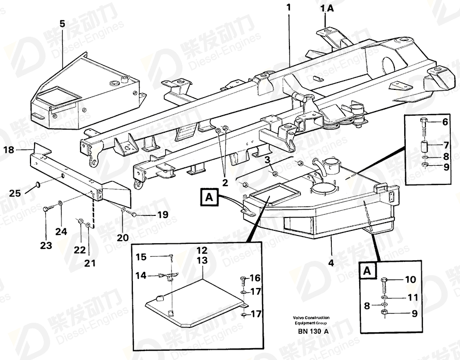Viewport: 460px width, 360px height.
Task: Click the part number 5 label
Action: tap(63, 24)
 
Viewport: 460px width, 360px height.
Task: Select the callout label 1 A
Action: tap(327, 8)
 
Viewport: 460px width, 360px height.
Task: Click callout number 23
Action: tap(47, 246)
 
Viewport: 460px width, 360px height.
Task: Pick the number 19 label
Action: tap(148, 214)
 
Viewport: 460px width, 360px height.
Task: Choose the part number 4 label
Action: tap(331, 262)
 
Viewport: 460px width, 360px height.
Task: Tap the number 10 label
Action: tap(410, 280)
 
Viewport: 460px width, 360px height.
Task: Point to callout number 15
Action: tap(141, 257)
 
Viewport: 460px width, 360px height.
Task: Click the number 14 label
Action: tap(141, 276)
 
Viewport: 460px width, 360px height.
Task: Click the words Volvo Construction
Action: tap(311, 318)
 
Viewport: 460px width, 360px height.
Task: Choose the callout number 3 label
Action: tap(268, 160)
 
